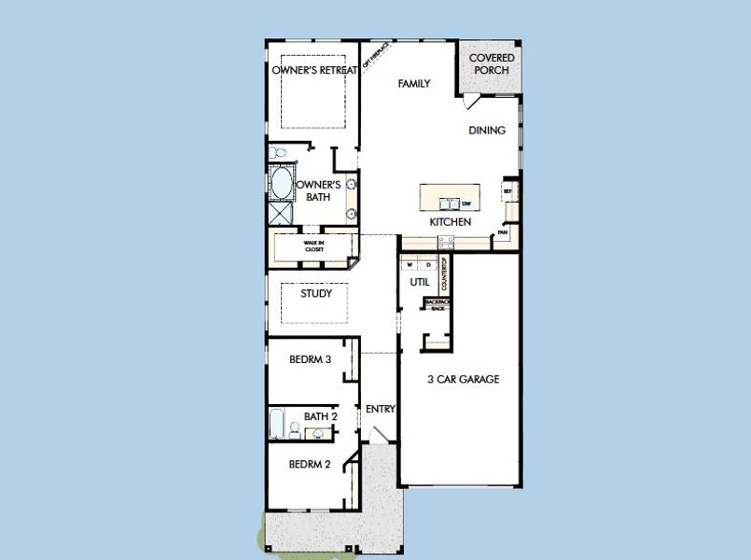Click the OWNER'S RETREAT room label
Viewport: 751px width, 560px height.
[x=314, y=71]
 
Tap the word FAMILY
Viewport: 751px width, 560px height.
[x=414, y=84]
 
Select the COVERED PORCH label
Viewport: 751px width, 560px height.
[x=491, y=64]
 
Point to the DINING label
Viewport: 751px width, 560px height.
[x=487, y=131]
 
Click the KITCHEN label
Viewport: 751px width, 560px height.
[x=450, y=223]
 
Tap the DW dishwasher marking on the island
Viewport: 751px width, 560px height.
[x=466, y=203]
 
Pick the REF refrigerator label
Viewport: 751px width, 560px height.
[x=508, y=191]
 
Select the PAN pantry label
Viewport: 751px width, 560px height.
[x=502, y=231]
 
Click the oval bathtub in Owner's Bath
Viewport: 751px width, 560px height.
[x=279, y=183]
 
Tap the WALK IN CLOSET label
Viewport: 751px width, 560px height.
[x=313, y=247]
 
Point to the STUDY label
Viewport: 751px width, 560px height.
[x=316, y=294]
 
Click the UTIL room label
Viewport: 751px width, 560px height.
[x=419, y=281]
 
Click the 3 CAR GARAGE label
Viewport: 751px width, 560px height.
[x=464, y=380]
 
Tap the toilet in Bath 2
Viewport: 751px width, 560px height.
[x=295, y=429]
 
